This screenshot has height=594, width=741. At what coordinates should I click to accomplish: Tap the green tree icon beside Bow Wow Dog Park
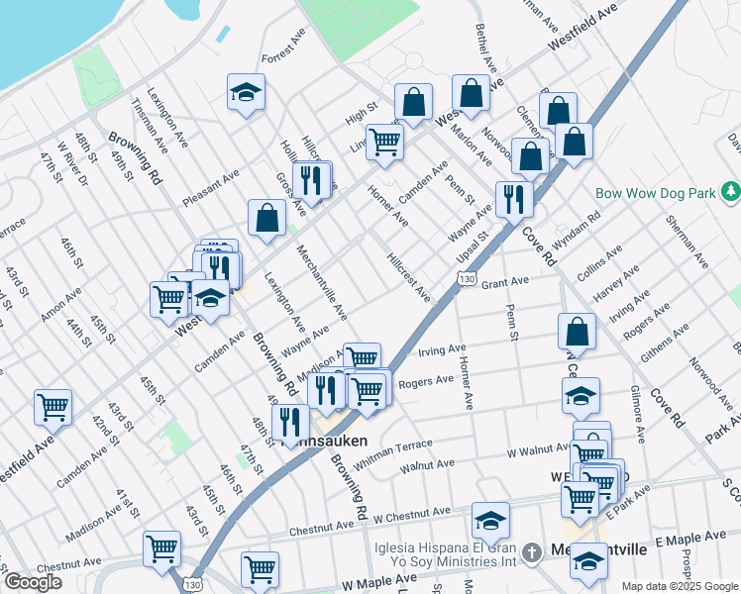point(730,189)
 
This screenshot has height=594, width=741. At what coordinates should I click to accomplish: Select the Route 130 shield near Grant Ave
point(465,282)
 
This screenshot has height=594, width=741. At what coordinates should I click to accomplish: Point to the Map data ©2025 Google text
point(679,586)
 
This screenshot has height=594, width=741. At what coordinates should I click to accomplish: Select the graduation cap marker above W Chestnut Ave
point(490,520)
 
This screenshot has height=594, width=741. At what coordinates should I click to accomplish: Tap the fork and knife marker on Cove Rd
point(513,198)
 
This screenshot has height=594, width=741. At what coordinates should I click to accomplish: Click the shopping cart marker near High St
point(383,141)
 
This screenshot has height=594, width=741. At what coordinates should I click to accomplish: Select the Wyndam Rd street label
point(581,231)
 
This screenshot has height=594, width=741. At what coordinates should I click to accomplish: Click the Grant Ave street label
point(505,282)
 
